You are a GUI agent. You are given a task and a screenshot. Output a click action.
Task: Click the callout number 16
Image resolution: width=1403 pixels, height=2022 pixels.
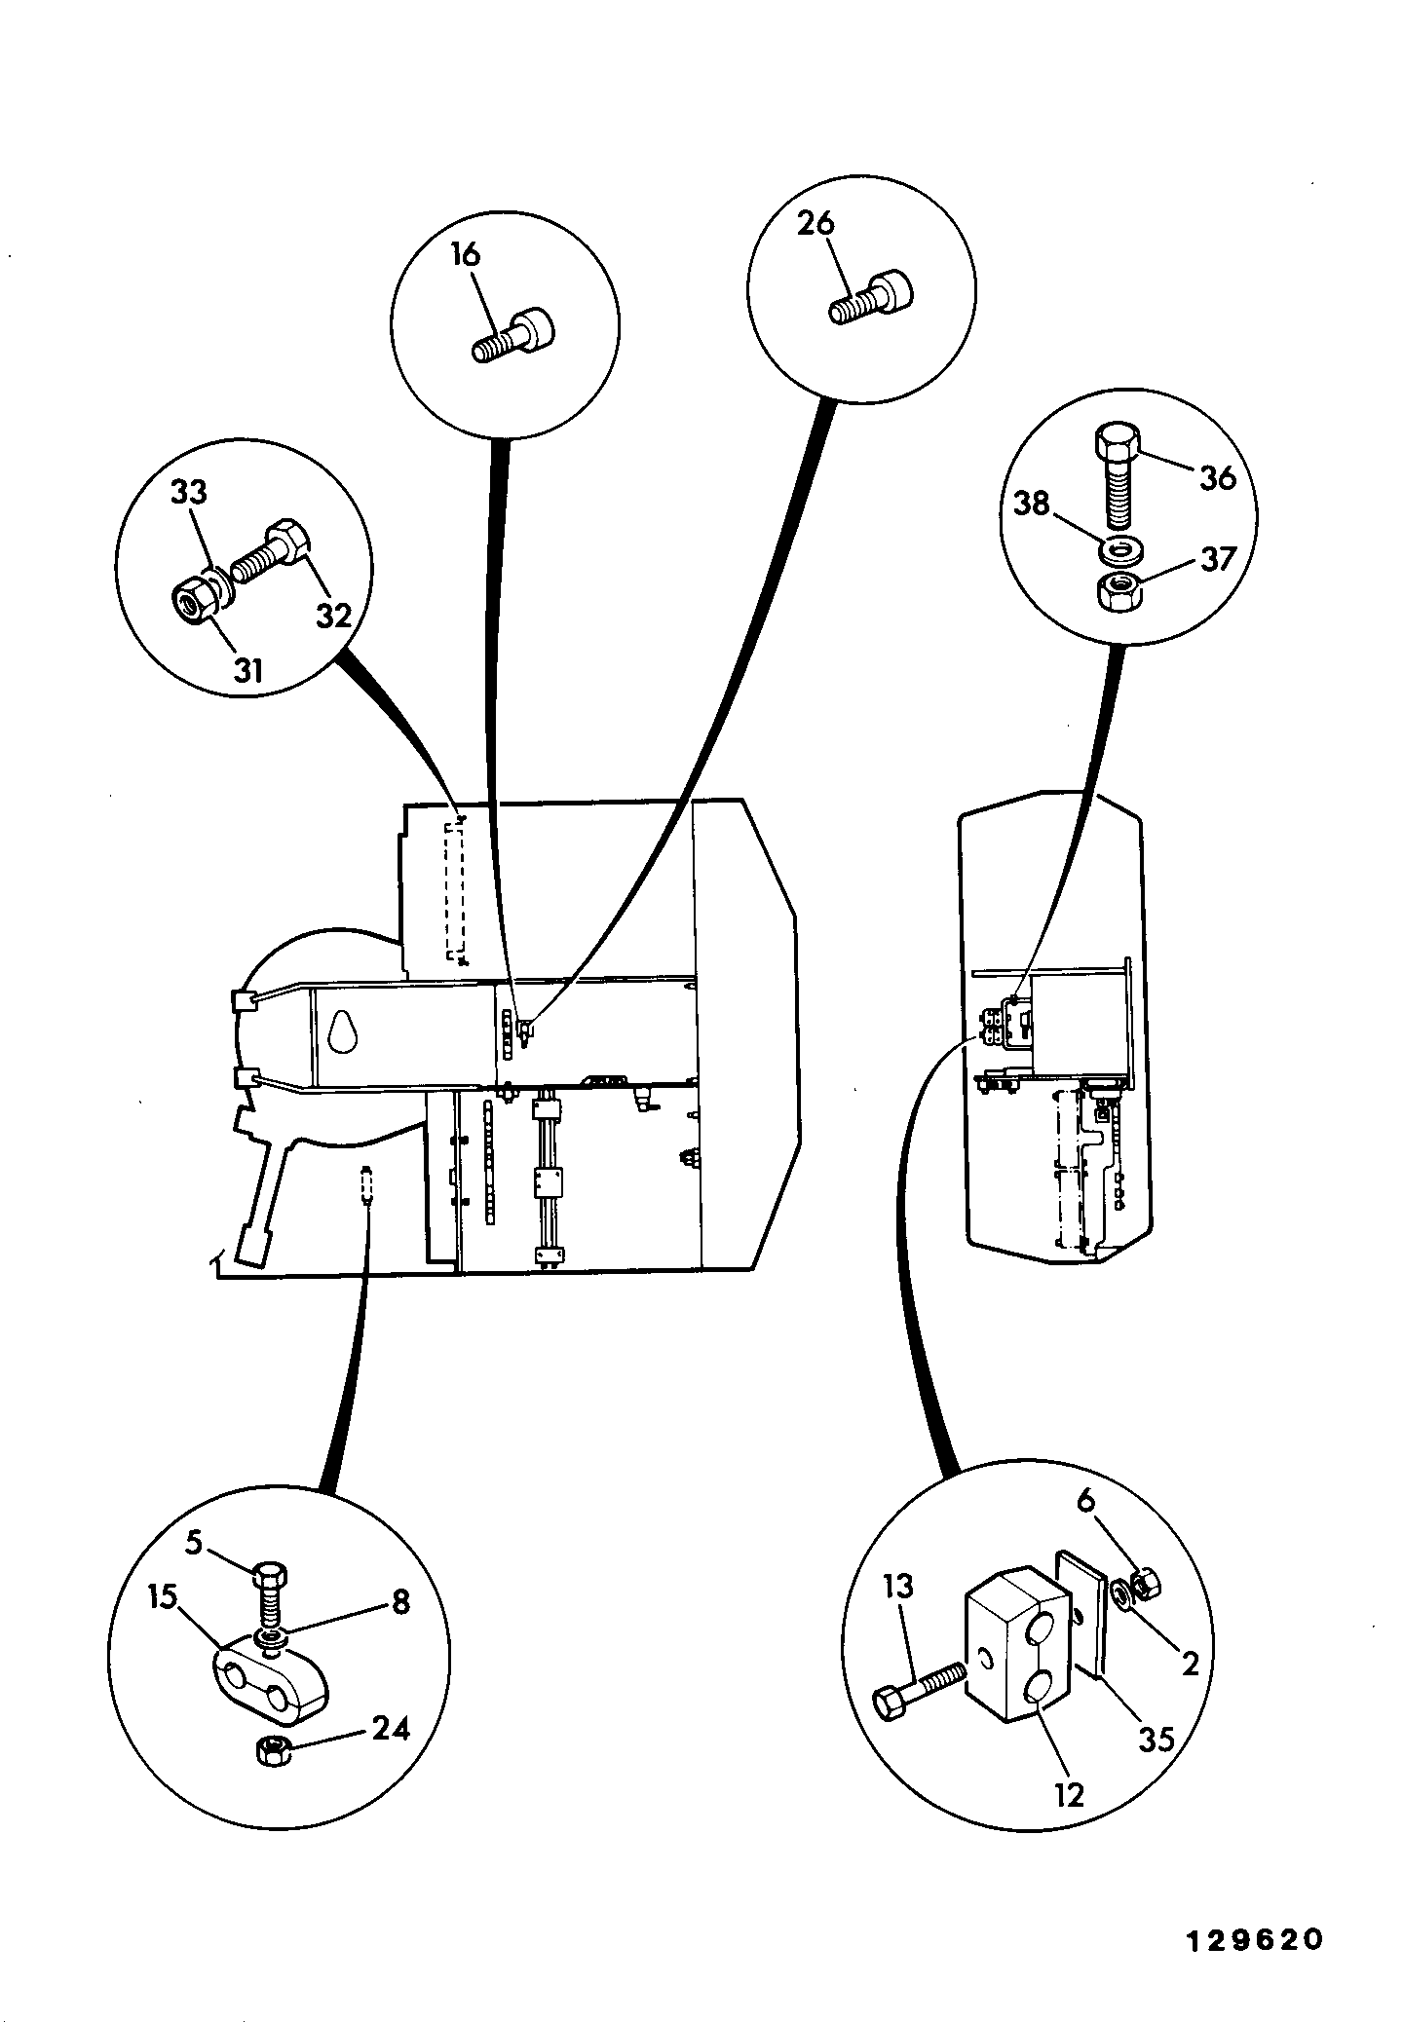466,255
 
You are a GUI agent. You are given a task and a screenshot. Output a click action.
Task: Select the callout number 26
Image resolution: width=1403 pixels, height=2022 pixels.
815,223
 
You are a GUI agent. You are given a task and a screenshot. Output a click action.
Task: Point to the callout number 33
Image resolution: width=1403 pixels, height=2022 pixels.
190,492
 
